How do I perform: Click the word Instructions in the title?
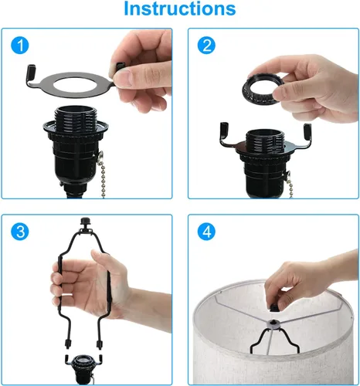coord(179,10)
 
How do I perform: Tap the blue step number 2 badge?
coord(205,46)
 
